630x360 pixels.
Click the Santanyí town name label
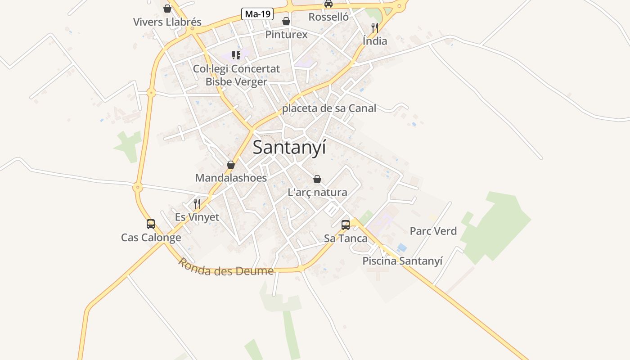tap(289, 148)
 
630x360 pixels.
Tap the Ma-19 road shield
tap(258, 14)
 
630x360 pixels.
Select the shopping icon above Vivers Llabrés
tap(167, 9)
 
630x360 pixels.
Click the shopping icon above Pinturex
tap(286, 21)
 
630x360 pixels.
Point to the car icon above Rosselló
tap(328, 4)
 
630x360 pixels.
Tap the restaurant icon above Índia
tap(374, 28)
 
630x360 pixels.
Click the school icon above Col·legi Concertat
tap(236, 55)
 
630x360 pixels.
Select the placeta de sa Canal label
tap(329, 108)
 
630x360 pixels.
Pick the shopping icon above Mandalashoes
tap(231, 165)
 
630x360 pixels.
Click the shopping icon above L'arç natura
tap(317, 179)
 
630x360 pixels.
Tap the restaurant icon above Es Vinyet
tap(197, 204)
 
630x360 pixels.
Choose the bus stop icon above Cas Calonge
tap(151, 224)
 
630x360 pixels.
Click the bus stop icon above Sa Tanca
tap(346, 225)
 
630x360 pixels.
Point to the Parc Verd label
tap(433, 231)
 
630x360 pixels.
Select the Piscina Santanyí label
tap(402, 261)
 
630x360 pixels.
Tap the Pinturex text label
tap(286, 35)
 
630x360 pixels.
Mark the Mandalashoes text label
tap(231, 178)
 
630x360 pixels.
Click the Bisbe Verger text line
tap(236, 82)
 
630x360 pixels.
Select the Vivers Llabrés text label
tap(167, 22)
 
